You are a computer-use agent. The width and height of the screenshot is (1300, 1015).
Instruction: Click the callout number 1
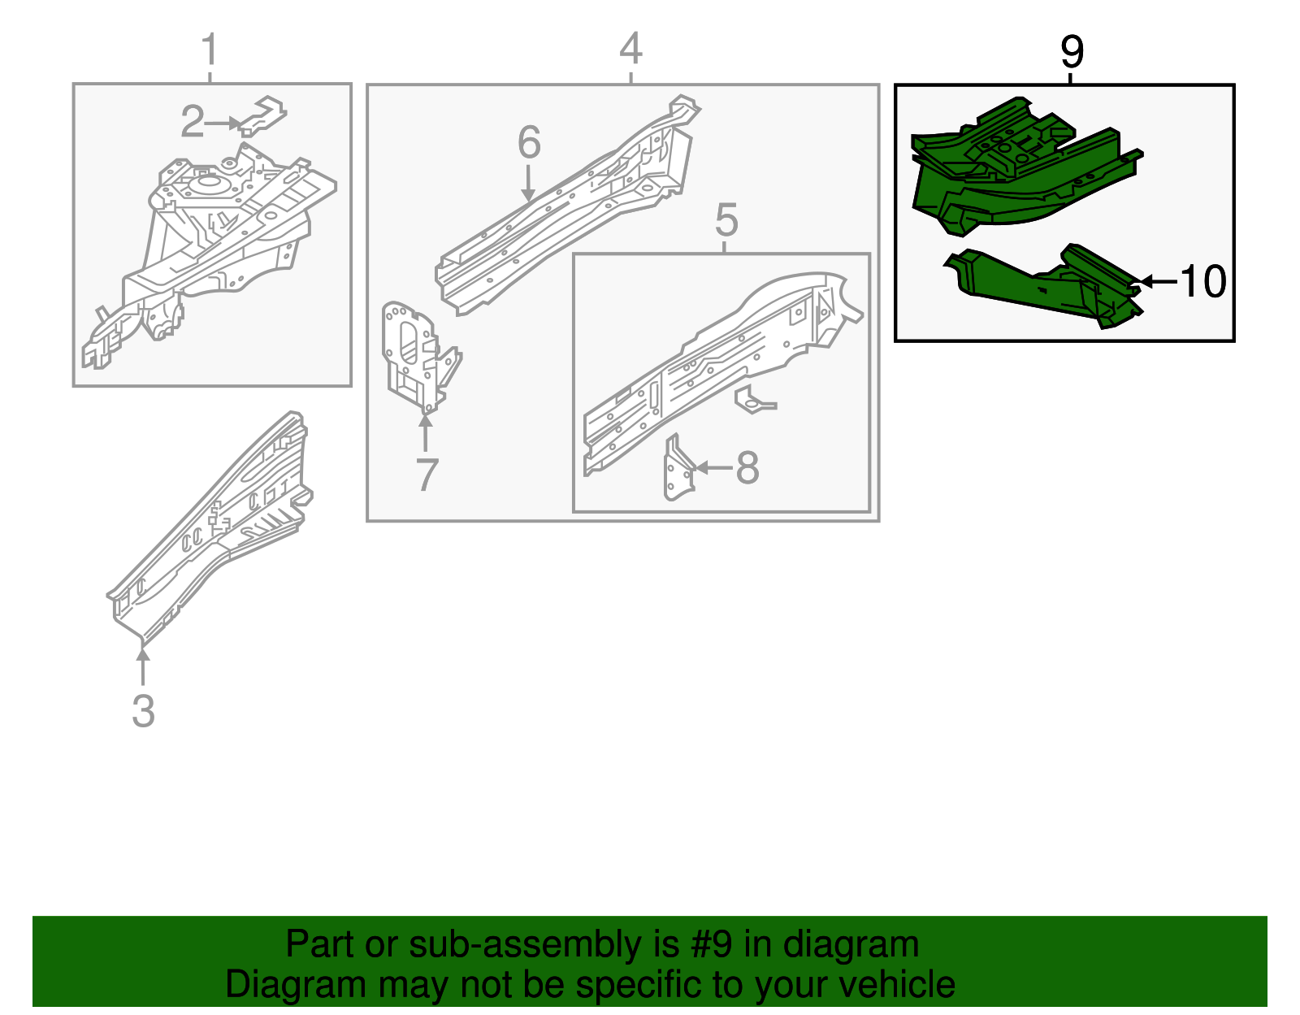(x=210, y=50)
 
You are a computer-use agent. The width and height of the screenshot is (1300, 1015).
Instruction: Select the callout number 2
(x=192, y=122)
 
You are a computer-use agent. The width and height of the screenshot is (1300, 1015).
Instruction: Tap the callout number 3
(x=143, y=711)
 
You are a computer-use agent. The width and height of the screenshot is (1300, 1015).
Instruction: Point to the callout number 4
(x=630, y=49)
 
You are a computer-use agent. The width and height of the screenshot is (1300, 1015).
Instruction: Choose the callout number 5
(x=726, y=220)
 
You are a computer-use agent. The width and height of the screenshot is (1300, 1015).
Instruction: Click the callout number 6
(x=529, y=143)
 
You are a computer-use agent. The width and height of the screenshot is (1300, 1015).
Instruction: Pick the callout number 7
(x=427, y=475)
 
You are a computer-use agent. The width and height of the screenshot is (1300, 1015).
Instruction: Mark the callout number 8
(x=747, y=468)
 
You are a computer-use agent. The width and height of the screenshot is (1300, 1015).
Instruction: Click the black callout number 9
(x=1072, y=53)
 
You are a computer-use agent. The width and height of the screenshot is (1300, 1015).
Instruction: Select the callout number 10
(x=1202, y=282)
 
